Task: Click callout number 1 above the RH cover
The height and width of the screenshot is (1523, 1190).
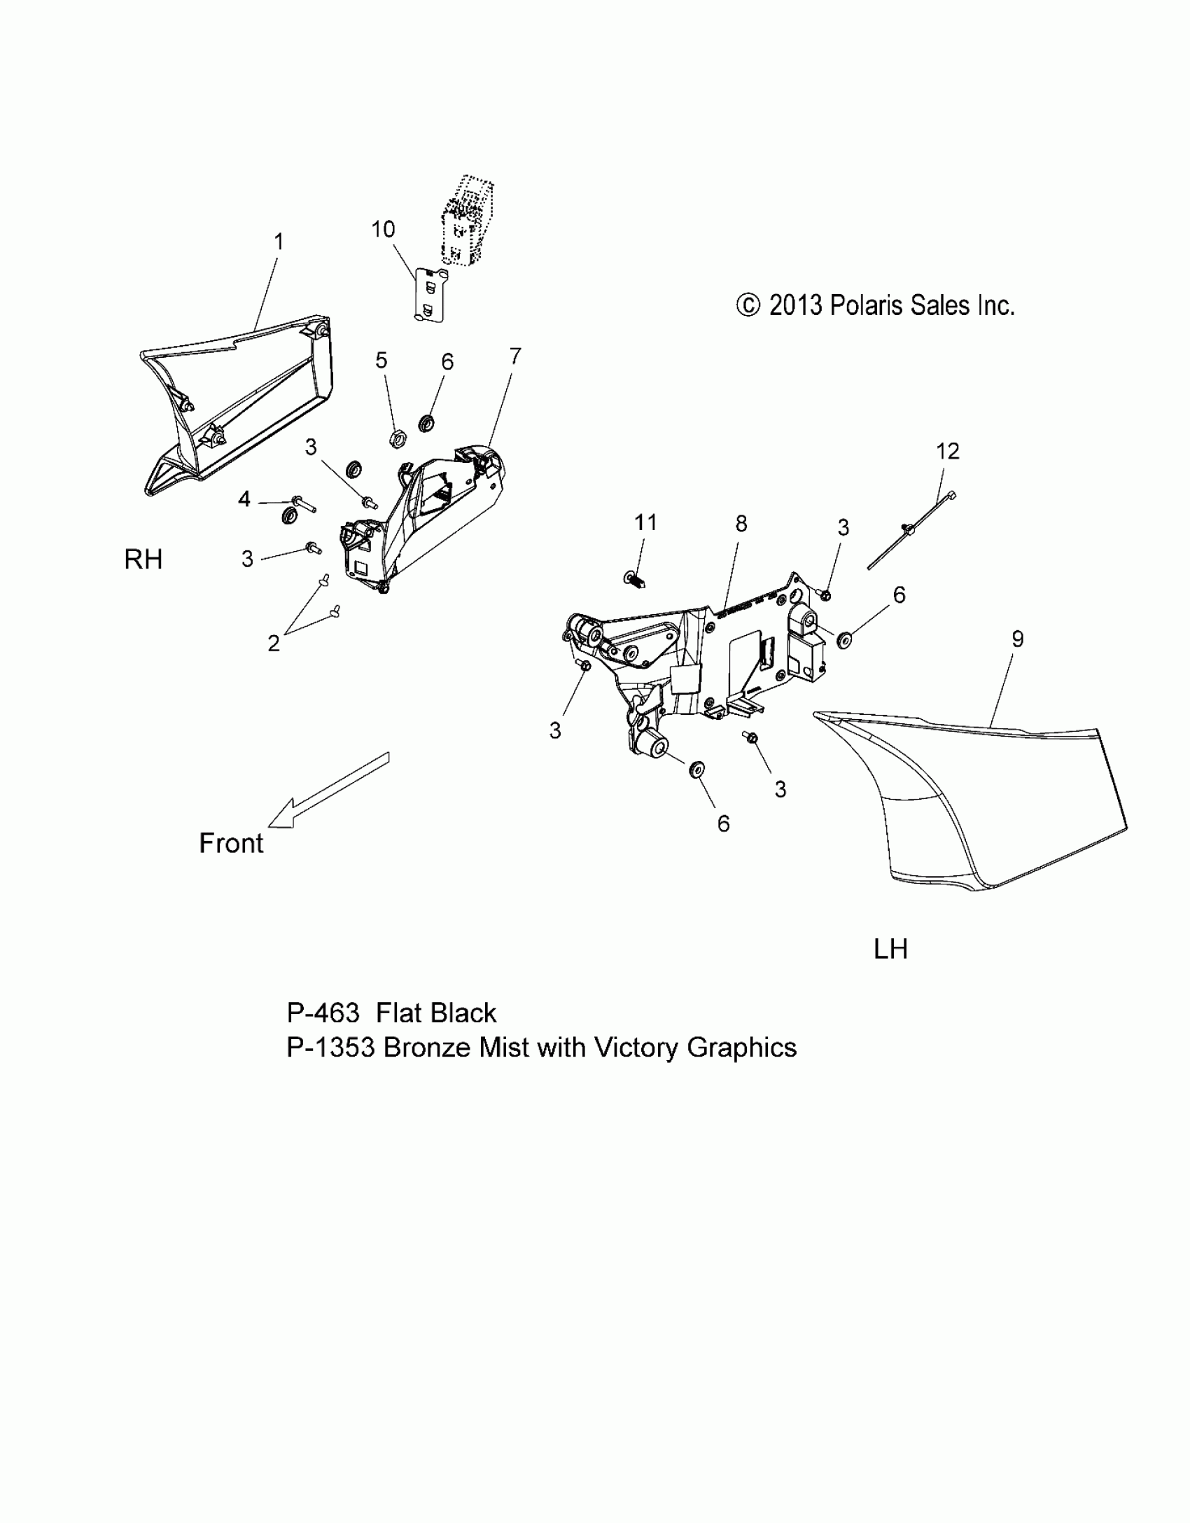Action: pyautogui.click(x=279, y=242)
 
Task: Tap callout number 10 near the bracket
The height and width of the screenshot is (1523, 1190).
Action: pyautogui.click(x=383, y=230)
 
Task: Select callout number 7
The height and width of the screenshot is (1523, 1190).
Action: pyautogui.click(x=515, y=356)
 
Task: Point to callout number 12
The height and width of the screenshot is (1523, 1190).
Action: pyautogui.click(x=948, y=451)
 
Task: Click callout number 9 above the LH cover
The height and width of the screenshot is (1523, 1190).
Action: pyautogui.click(x=1018, y=639)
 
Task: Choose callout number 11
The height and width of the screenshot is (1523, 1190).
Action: pyautogui.click(x=645, y=522)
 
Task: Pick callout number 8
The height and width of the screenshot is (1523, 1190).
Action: pyautogui.click(x=741, y=523)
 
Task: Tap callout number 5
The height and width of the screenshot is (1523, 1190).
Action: pyautogui.click(x=381, y=361)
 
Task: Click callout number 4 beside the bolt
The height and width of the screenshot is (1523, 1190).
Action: pyautogui.click(x=244, y=499)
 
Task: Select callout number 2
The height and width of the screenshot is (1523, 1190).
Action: pyautogui.click(x=274, y=643)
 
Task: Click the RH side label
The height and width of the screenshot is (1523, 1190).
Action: pyautogui.click(x=143, y=559)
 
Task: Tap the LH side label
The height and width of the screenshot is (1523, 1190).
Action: pyautogui.click(x=890, y=950)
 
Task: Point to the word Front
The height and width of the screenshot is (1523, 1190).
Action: pyautogui.click(x=231, y=843)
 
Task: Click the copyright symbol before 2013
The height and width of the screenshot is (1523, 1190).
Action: pyautogui.click(x=748, y=305)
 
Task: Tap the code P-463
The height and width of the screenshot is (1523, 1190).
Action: pyautogui.click(x=323, y=1013)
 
